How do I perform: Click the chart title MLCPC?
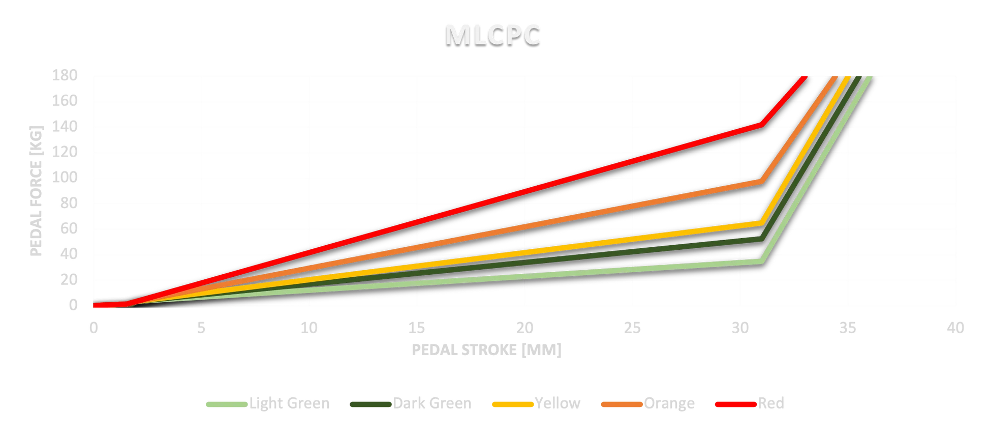[x=492, y=35]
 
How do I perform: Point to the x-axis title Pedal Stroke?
[x=486, y=350]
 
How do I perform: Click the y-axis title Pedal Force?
[x=37, y=191]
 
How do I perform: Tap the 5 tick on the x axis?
[x=201, y=328]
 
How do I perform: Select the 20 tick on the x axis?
[x=525, y=328]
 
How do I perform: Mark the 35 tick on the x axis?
[x=848, y=328]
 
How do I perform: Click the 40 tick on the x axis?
[x=955, y=328]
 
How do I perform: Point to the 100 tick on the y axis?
[x=65, y=178]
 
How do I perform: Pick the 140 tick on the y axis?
[x=65, y=126]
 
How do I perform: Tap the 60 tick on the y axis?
[x=69, y=228]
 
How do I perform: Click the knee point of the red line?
[x=762, y=124]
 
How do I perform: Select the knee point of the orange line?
[x=762, y=181]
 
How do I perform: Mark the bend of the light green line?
[x=762, y=260]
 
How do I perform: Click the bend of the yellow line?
[x=762, y=223]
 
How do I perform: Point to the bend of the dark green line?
[x=762, y=238]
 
